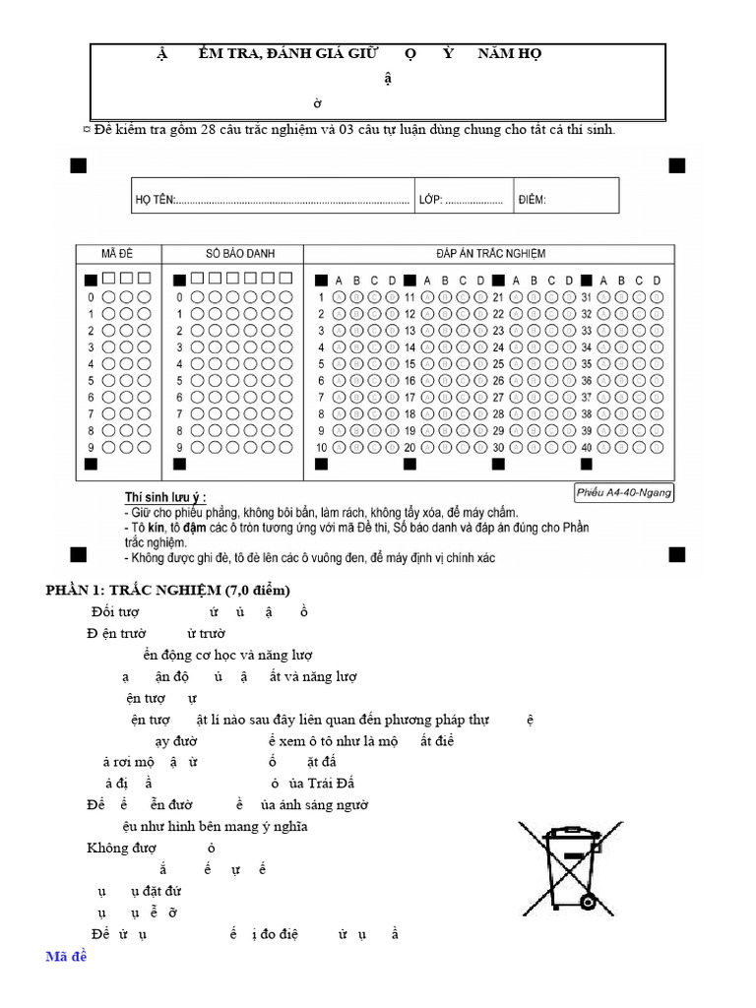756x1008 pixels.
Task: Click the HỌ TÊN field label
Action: [154, 201]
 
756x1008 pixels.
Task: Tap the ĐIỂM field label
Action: [532, 201]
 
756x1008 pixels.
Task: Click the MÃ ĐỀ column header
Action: [118, 254]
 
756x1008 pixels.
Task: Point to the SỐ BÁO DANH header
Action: [232, 254]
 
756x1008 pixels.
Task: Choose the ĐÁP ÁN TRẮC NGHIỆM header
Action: [490, 254]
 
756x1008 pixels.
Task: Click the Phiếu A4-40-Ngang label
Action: [624, 492]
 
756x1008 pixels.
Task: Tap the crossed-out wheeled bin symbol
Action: [570, 865]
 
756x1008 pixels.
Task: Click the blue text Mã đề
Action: [67, 956]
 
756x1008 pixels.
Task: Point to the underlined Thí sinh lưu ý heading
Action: [165, 498]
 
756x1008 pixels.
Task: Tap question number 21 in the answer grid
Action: [498, 297]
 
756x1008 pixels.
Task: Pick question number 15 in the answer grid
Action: [409, 364]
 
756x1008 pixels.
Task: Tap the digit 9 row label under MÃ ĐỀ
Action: [91, 448]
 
